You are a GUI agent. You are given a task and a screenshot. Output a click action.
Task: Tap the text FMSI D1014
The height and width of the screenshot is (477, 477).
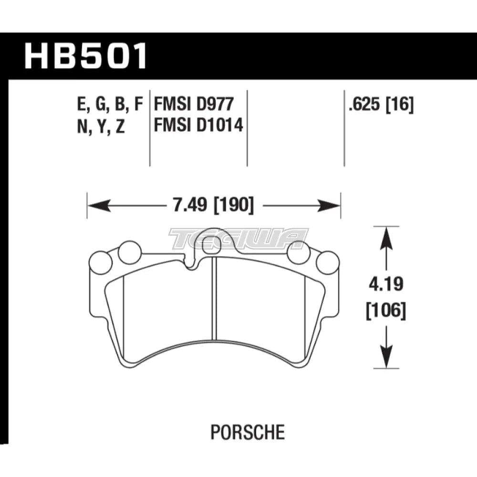(198, 126)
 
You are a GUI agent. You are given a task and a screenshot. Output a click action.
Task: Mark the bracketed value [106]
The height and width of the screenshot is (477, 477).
(386, 312)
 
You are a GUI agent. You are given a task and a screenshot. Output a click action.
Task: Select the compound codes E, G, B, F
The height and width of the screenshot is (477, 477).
(109, 104)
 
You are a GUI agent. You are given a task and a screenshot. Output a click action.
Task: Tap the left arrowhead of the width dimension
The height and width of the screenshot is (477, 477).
(93, 206)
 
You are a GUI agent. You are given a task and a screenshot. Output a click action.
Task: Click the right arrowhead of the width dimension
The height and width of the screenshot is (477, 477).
(334, 206)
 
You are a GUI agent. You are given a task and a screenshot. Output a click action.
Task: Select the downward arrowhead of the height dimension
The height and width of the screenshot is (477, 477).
(386, 363)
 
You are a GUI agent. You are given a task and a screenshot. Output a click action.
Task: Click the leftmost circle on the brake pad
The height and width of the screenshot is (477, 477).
(101, 263)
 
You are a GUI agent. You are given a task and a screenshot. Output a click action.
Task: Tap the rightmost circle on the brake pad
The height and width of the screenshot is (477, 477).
(328, 263)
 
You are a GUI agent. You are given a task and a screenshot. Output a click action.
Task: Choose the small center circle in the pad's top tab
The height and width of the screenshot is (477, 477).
(210, 246)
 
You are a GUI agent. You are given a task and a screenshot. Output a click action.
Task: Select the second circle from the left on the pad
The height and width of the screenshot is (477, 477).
(129, 253)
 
